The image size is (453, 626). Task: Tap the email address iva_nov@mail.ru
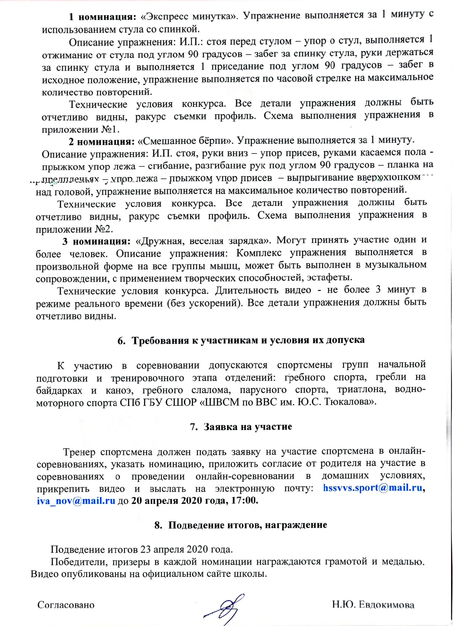coord(76,501)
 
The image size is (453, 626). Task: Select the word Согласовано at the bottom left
coord(66,605)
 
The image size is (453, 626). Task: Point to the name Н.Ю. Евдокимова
coord(373,604)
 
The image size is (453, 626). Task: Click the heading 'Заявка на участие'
coord(241,426)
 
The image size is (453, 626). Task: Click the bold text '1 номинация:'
coord(102,17)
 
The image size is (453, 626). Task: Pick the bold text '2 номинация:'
coord(102,141)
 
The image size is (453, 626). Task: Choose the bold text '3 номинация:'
coord(96,241)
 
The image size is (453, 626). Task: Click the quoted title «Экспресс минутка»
coord(189,16)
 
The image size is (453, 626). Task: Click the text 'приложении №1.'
coord(81,129)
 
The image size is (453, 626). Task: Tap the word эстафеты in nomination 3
coord(329,278)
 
